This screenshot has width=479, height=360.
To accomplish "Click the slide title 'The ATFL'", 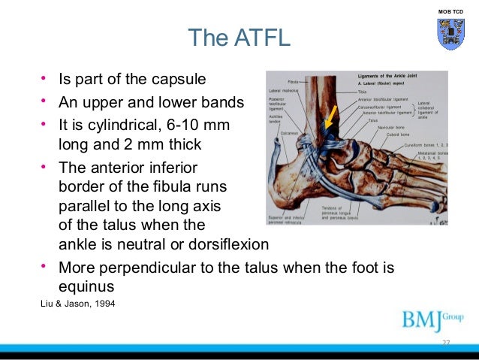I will (x=238, y=37).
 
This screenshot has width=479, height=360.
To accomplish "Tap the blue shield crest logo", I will (x=450, y=35).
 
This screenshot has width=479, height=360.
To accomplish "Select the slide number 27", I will (x=445, y=343).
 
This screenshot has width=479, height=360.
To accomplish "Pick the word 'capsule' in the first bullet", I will (x=181, y=79).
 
